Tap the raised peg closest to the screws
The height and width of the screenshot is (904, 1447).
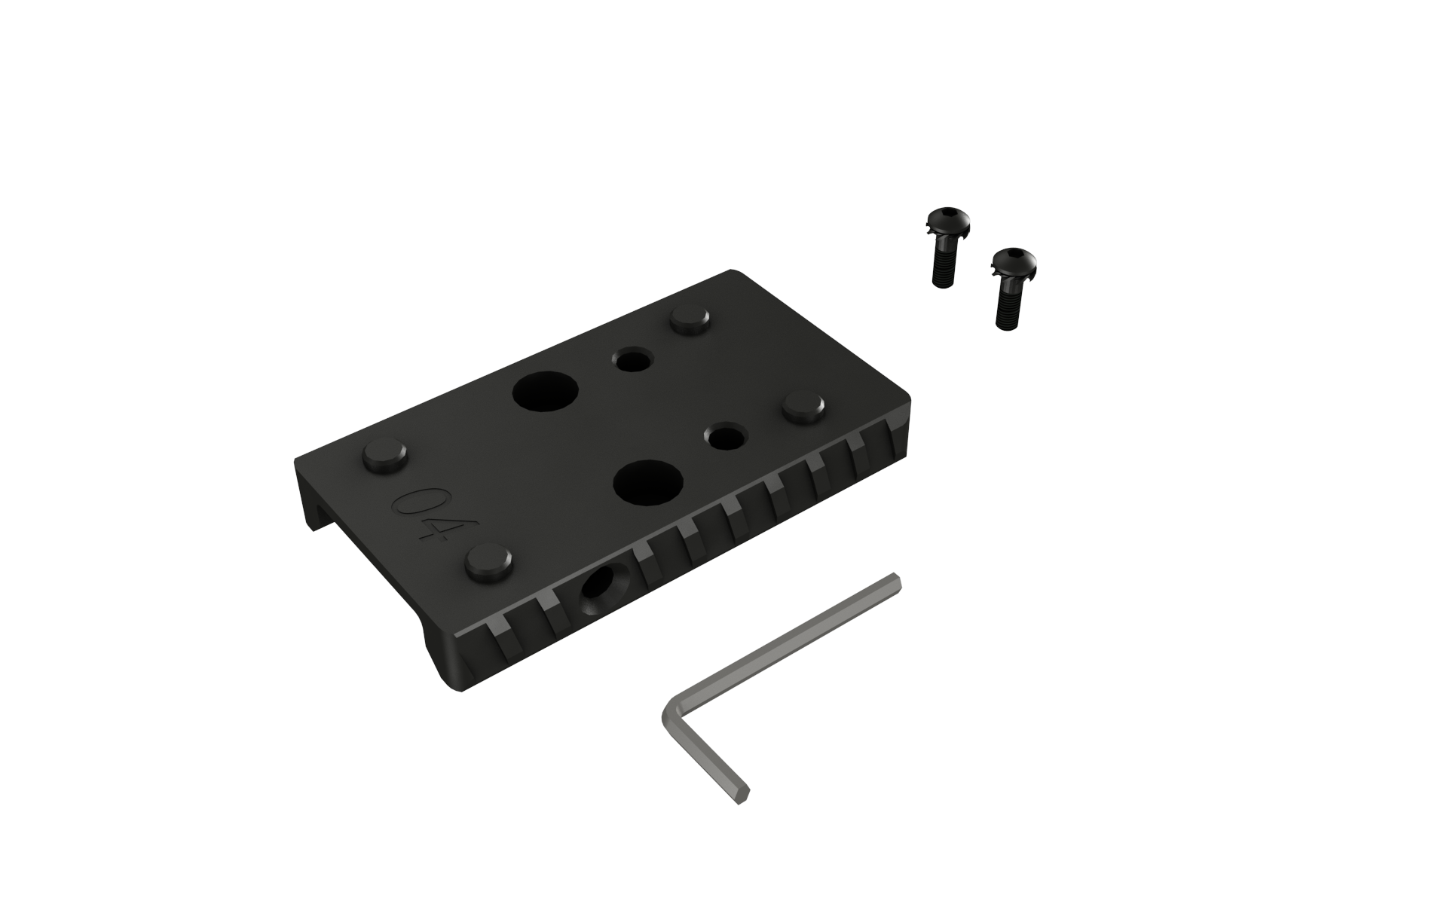point(692,320)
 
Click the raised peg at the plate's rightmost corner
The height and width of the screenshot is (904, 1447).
point(803,408)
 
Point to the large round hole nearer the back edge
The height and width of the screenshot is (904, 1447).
point(545,392)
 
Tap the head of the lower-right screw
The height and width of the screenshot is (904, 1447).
point(1011,262)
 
